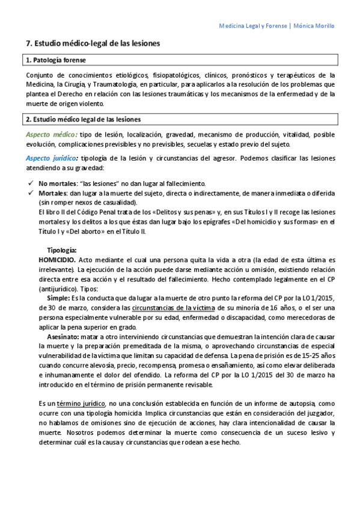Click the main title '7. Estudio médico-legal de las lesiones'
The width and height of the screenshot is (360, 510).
(x=94, y=44)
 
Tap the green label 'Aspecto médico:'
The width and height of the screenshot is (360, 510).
(x=52, y=134)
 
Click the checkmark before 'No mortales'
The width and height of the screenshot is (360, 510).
(x=31, y=183)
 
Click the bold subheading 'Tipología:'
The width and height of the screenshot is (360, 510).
(x=62, y=250)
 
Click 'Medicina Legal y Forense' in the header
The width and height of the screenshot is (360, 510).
(x=252, y=26)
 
